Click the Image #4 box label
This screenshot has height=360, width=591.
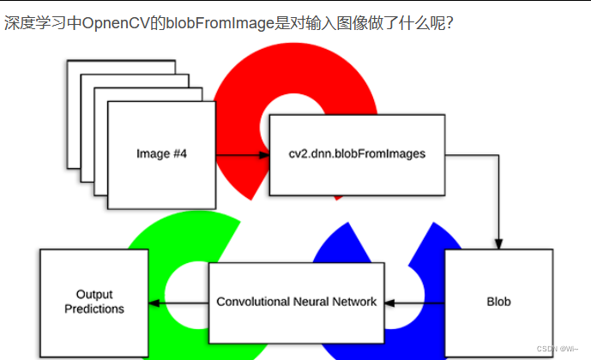coord(162,154)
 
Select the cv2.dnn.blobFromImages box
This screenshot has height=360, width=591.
coord(357,154)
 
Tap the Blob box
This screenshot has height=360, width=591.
coord(498,302)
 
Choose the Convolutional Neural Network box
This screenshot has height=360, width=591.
coord(296,302)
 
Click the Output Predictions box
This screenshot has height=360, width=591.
coord(94,302)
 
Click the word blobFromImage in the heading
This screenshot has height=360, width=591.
coord(246,23)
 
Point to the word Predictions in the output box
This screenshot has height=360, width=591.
coord(94,309)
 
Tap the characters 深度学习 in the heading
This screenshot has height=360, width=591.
coord(32,23)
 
